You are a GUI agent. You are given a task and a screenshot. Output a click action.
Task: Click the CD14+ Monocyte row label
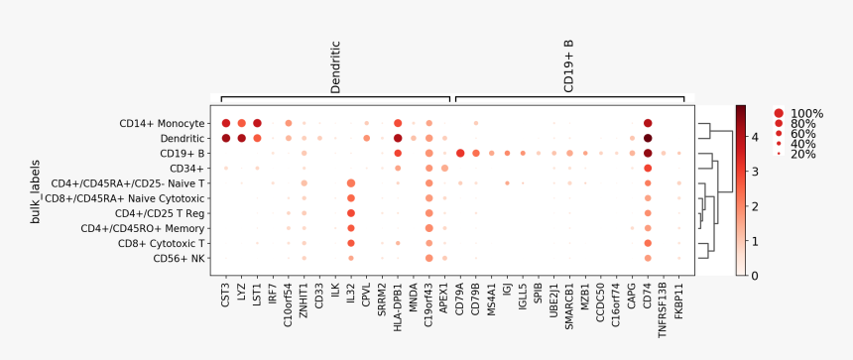[162, 123]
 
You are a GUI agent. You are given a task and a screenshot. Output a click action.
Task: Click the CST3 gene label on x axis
[226, 294]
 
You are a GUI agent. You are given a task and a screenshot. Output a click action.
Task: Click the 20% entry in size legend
[802, 154]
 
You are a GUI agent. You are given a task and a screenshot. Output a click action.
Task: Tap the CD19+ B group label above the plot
[568, 66]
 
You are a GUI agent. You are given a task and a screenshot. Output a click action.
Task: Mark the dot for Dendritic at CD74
[647, 138]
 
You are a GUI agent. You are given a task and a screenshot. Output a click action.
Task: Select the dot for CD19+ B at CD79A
[460, 153]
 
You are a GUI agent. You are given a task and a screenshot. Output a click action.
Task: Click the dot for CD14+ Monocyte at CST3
[226, 123]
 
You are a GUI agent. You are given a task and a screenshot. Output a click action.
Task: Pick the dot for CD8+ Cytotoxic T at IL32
[351, 243]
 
